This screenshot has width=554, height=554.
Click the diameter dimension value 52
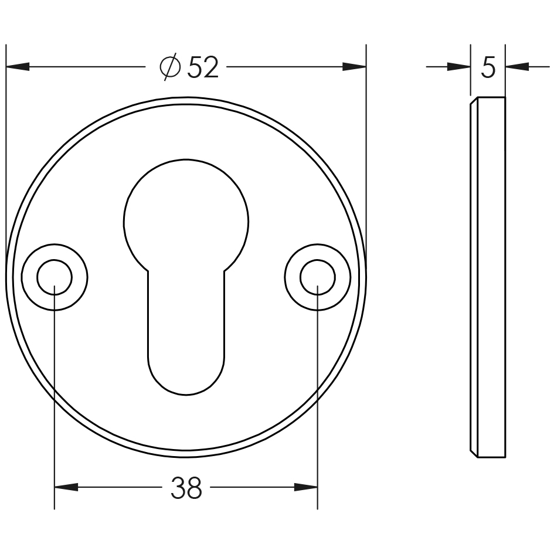(203, 68)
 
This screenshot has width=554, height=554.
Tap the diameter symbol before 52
(169, 68)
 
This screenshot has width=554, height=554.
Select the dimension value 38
(186, 488)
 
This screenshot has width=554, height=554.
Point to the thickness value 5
(488, 68)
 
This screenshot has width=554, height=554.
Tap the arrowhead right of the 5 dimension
(516, 67)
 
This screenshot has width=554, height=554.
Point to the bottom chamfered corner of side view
(474, 454)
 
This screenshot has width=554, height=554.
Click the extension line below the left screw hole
(55, 410)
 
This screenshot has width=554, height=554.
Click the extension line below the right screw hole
(317, 410)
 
